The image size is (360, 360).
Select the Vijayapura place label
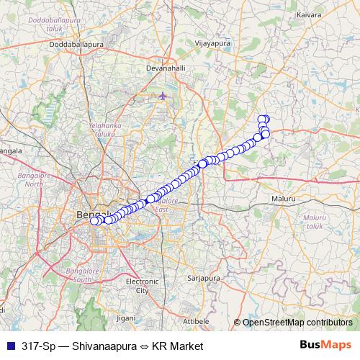[x=212, y=43]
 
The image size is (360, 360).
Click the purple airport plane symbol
[x=163, y=96]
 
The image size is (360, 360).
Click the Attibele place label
[x=196, y=320]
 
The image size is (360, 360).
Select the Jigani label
[x=125, y=318]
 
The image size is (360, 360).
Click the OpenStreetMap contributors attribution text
[x=297, y=322]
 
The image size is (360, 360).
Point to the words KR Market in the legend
[x=178, y=346]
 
